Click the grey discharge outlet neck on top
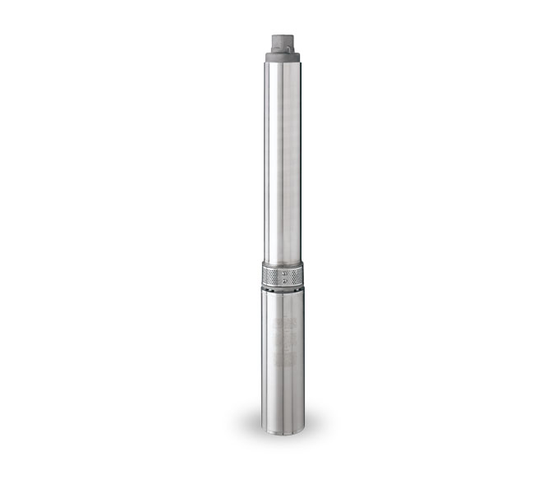[282, 42]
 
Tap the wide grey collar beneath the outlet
[282, 57]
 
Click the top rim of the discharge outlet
[282, 35]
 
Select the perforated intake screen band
[282, 273]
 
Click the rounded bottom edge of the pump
[282, 429]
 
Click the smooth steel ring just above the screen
[282, 261]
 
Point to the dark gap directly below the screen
[282, 288]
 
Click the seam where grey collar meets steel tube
[282, 63]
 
